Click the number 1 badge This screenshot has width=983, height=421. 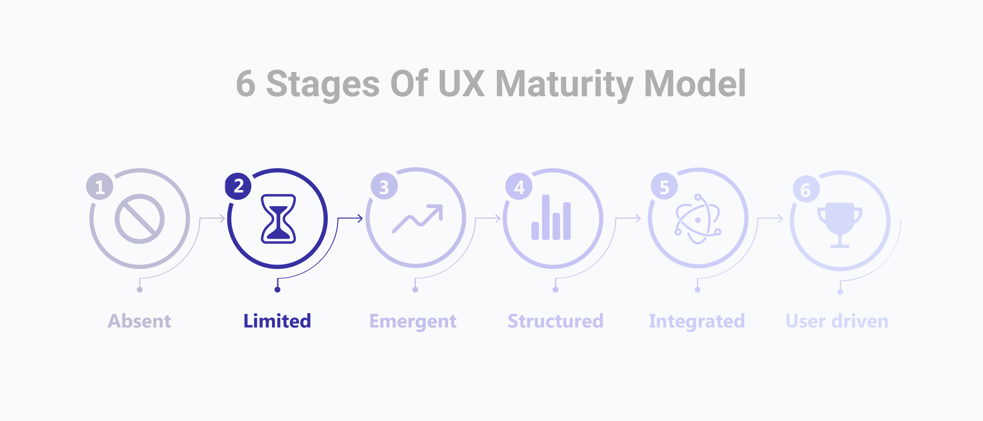click(100, 186)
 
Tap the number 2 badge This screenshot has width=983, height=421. click(238, 186)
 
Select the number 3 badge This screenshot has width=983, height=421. click(384, 186)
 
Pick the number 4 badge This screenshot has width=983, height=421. click(519, 187)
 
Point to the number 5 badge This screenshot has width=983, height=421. click(664, 186)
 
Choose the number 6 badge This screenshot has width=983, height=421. click(806, 189)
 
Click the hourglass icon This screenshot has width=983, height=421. click(278, 219)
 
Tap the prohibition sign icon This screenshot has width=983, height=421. click(139, 219)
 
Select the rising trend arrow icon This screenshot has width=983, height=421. click(417, 219)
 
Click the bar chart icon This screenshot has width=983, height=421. click(551, 217)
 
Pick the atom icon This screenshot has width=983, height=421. click(698, 219)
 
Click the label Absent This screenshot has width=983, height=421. click(139, 321)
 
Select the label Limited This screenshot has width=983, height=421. click(277, 321)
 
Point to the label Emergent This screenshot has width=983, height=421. click(413, 322)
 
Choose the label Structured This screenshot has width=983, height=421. click(556, 321)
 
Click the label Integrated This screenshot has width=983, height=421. click(697, 322)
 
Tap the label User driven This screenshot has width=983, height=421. click(837, 321)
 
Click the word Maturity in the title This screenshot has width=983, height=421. click(564, 84)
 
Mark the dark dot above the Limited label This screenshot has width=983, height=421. click(277, 290)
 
